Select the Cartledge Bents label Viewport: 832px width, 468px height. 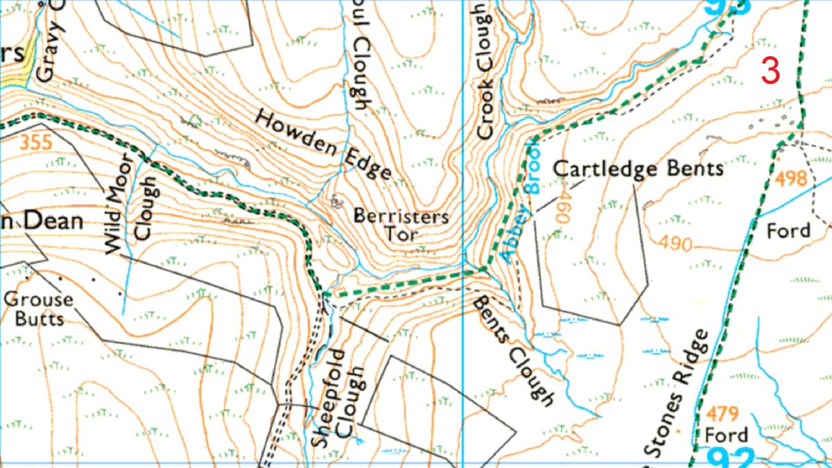click(639, 168)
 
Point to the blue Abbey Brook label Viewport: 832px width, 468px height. click(520, 201)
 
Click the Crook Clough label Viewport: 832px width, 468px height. click(485, 69)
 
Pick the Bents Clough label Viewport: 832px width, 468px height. click(514, 350)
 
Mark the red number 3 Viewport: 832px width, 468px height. click(771, 71)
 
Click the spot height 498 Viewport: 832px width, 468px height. click(792, 179)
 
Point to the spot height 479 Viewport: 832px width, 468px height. click(723, 414)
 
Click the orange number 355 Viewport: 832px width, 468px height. click(36, 144)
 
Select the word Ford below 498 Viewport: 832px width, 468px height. click(788, 230)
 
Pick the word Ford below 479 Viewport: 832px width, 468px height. click(726, 435)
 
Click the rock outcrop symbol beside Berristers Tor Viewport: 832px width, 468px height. click(338, 202)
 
